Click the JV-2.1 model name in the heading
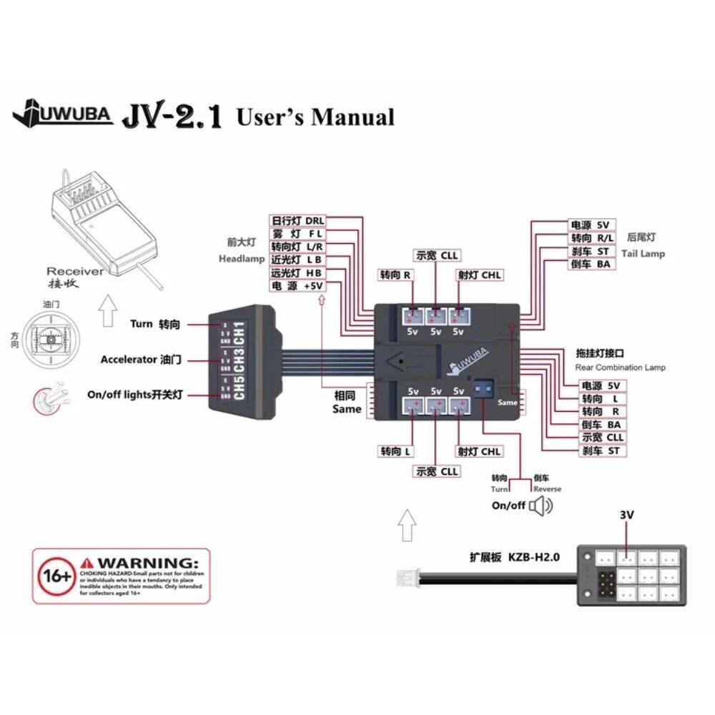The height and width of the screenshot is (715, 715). click(x=172, y=115)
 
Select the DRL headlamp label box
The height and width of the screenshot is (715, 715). click(x=297, y=221)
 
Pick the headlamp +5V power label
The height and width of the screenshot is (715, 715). click(x=297, y=285)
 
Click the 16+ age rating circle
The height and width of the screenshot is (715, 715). click(x=55, y=576)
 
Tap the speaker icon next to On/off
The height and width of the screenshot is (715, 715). click(x=541, y=506)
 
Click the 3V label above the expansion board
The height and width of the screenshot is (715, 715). click(x=626, y=515)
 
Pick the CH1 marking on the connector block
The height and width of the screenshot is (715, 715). click(x=240, y=333)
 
